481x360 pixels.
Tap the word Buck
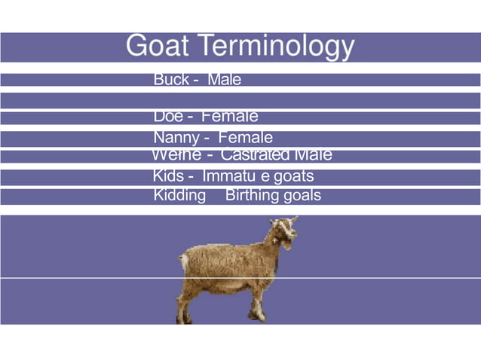coord(171,80)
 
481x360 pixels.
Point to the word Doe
coord(167,117)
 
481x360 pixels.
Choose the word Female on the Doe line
coord(230,117)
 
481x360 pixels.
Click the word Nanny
coord(176,138)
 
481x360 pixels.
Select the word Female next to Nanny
coord(245,138)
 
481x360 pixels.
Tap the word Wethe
coord(176,155)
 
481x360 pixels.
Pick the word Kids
coord(168,176)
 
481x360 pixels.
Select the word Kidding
coord(179,196)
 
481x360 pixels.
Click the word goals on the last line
coord(302,196)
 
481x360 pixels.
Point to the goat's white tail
coord(184,263)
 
